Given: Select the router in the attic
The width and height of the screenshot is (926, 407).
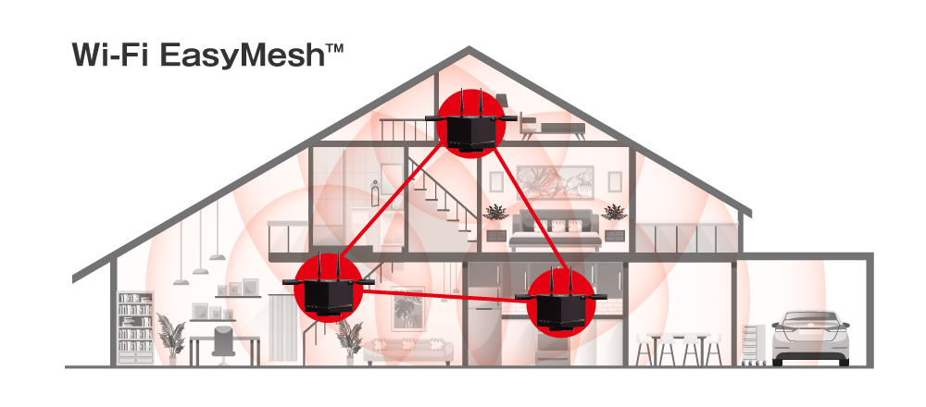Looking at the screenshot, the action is point(470,125).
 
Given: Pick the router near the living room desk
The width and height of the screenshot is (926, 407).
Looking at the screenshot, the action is point(327,290).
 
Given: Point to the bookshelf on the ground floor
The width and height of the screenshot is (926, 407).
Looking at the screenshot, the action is point(135,328).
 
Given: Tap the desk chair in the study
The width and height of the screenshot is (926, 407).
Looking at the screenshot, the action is point(223,345).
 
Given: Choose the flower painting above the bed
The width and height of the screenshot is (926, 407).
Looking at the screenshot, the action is point(555,181).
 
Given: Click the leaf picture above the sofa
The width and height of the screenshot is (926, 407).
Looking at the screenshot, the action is point(407,307).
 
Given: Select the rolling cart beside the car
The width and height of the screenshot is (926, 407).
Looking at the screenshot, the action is point(754,344).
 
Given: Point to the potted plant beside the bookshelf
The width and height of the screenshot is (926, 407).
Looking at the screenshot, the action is point(171,340).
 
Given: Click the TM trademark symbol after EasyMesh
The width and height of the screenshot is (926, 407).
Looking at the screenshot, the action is point(333,48).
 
